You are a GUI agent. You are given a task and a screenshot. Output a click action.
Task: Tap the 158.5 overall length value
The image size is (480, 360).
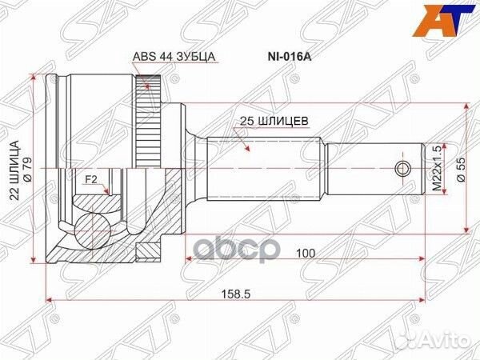[239, 294]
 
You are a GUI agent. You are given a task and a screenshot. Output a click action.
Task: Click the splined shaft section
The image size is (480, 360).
[264, 169]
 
